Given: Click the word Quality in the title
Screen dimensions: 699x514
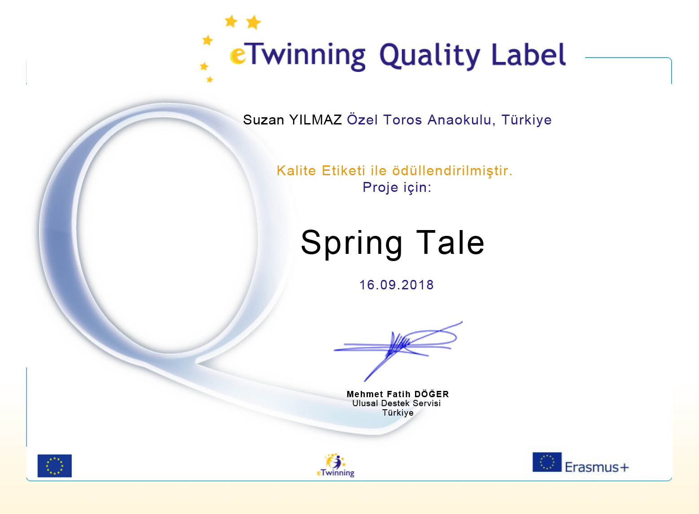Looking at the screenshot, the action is [x=430, y=56].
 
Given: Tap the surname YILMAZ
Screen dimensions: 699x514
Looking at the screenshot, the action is [x=315, y=120].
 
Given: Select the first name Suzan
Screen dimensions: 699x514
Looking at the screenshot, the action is [x=263, y=120].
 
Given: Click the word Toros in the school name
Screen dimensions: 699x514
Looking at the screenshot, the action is [x=402, y=120].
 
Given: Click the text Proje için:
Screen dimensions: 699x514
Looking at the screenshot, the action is [x=397, y=187].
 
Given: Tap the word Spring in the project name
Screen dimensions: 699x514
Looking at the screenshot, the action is [x=352, y=244].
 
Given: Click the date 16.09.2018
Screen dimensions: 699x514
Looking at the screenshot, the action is [x=397, y=285].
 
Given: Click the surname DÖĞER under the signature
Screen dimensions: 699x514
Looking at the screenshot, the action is [x=432, y=394].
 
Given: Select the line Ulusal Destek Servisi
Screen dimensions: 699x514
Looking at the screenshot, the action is [x=396, y=403].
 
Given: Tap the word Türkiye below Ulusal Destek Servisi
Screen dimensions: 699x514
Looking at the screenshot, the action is [x=398, y=413].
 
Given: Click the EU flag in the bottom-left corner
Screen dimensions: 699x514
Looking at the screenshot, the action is [x=55, y=465].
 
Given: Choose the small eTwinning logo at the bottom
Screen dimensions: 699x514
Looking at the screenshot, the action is [x=336, y=465].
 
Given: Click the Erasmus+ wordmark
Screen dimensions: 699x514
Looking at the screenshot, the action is [x=597, y=467].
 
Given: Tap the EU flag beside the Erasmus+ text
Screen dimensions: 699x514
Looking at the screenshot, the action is [x=547, y=462].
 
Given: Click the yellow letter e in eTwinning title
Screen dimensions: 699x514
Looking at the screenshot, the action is [x=238, y=56].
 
